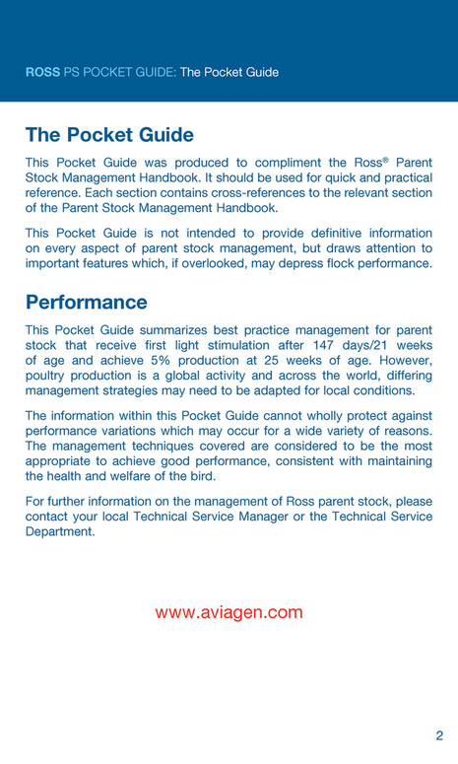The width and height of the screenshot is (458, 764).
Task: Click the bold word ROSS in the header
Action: [x=42, y=72]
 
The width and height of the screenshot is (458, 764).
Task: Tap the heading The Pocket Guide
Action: [x=109, y=135]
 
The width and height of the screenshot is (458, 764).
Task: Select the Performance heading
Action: [x=87, y=302]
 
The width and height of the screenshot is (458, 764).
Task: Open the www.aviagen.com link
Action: [x=229, y=612]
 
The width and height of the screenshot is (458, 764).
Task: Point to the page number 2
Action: [x=439, y=735]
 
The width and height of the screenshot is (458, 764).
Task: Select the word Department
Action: [x=60, y=531]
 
